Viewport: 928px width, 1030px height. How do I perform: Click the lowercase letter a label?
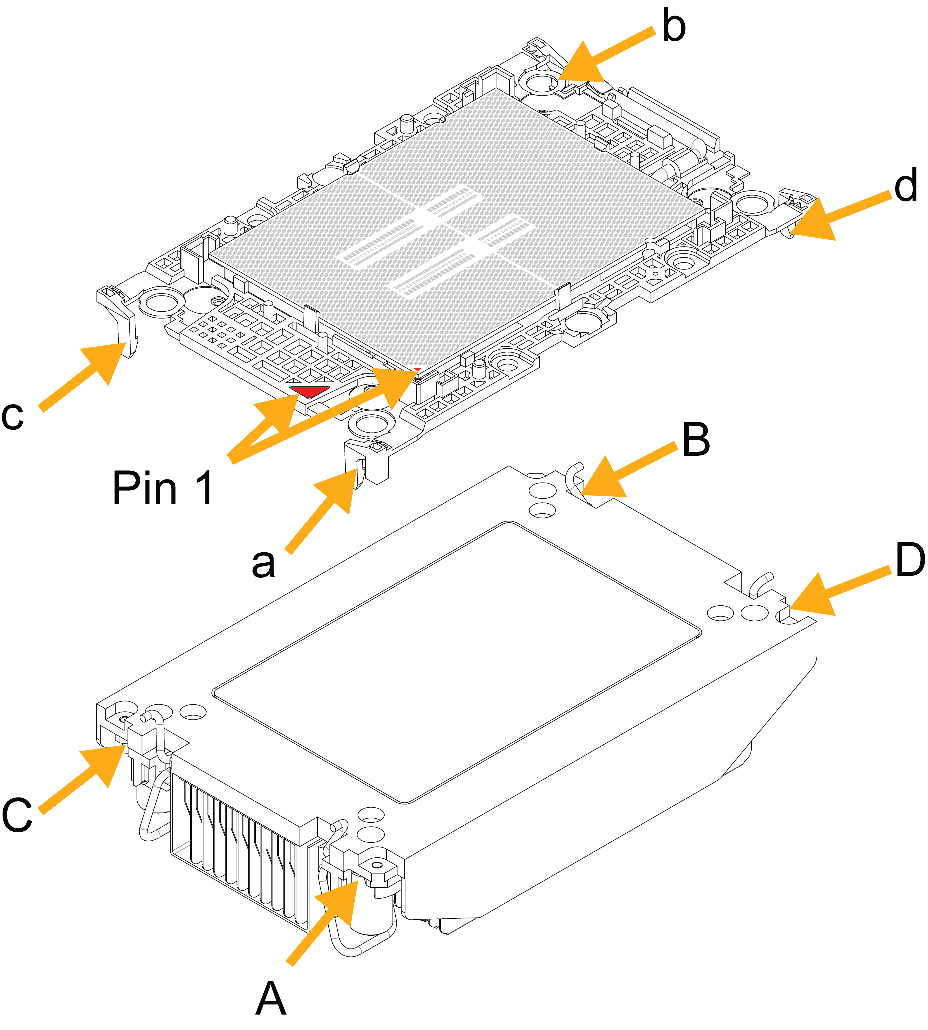(264, 563)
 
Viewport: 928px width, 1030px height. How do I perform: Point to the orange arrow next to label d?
(836, 217)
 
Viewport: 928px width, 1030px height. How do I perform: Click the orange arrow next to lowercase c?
(87, 375)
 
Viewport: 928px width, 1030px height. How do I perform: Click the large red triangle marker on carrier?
(309, 392)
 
